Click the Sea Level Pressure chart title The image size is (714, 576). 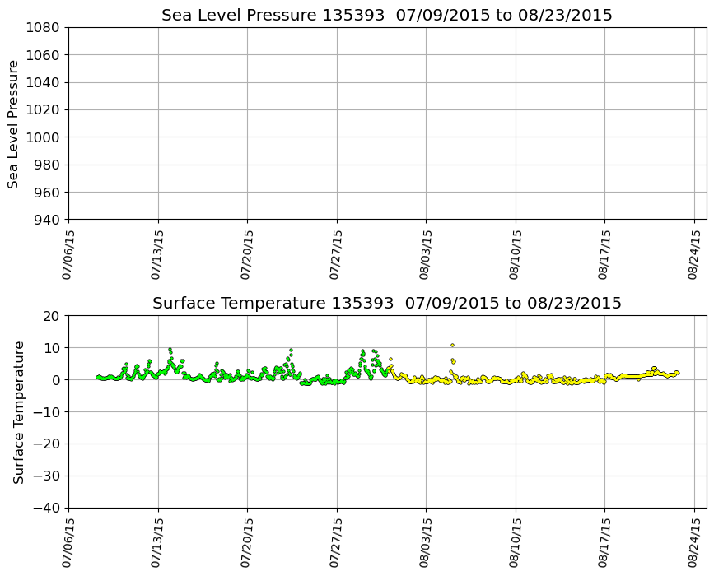[386, 16]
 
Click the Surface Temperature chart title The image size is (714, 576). [386, 304]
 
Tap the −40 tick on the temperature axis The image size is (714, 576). [49, 508]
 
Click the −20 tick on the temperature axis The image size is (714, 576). [49, 444]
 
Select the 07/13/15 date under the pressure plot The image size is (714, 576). [157, 253]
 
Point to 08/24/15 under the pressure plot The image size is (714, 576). [693, 253]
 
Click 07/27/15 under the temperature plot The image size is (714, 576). [336, 541]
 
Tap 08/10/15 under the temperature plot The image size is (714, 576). [515, 541]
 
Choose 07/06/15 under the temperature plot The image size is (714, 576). [68, 541]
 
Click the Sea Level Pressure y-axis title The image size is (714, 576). [14, 123]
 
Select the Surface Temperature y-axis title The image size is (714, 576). [18, 411]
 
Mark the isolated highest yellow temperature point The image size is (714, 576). [452, 345]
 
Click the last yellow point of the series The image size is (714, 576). [677, 373]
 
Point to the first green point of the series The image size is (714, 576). [97, 377]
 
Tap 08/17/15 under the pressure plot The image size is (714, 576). [604, 253]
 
